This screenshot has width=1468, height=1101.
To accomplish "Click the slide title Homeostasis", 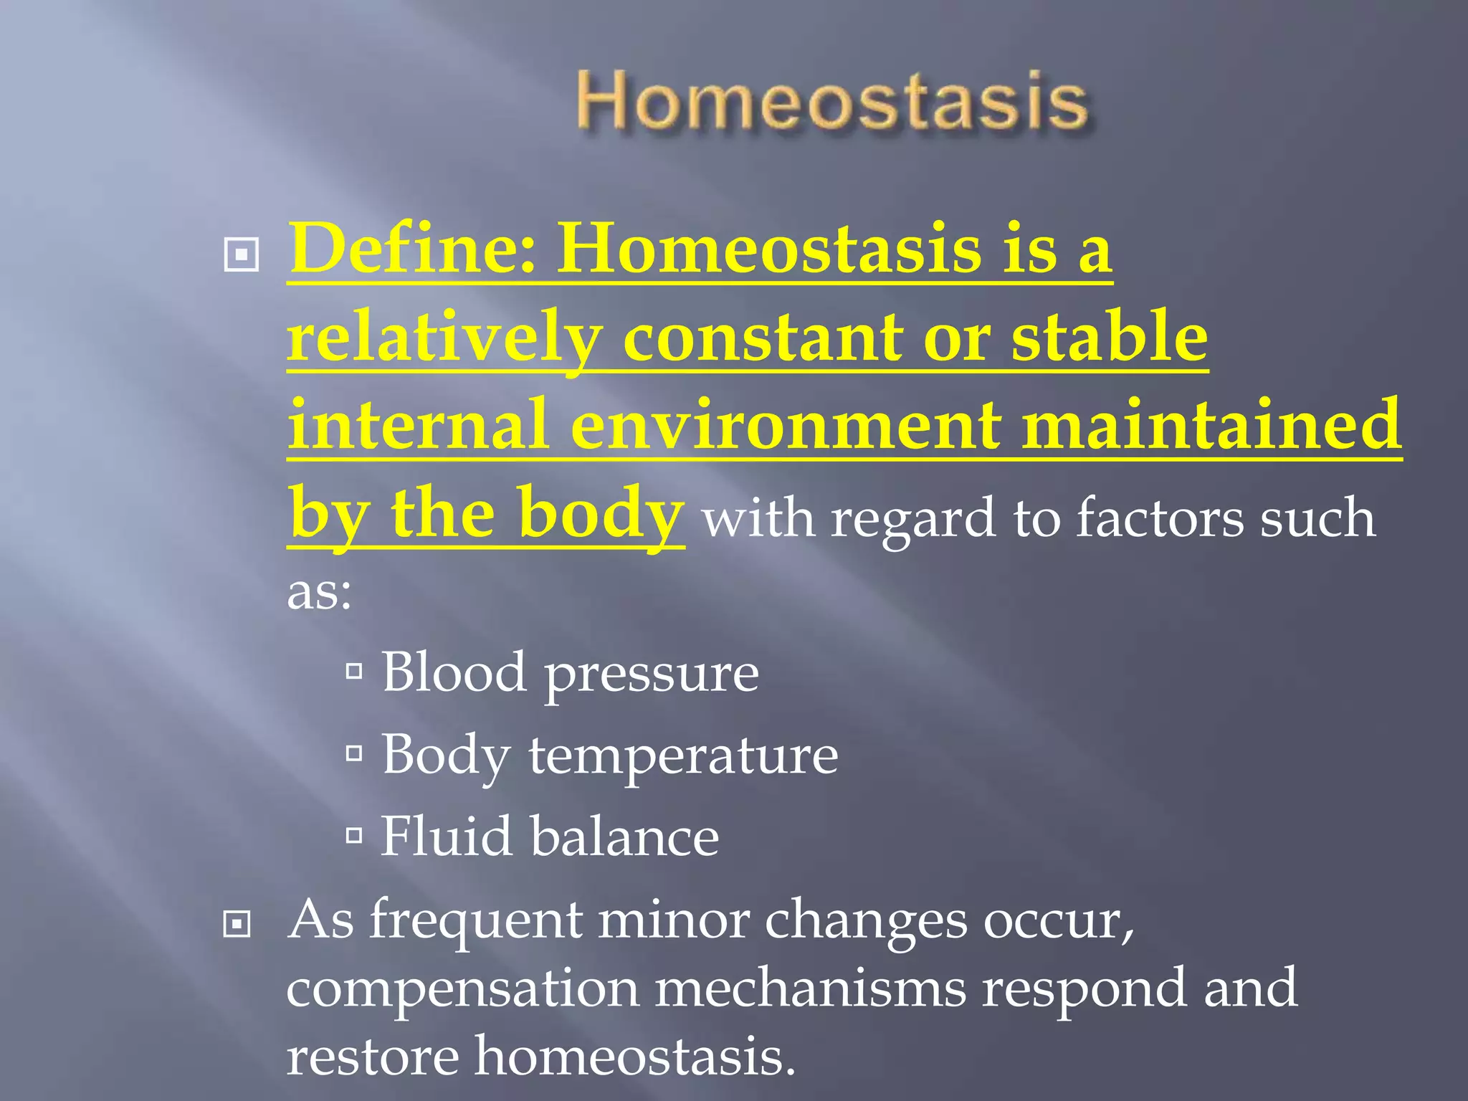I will click(x=831, y=103).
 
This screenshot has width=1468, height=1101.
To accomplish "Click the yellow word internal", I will click(x=418, y=426).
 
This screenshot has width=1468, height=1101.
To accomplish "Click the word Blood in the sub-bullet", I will click(x=453, y=672).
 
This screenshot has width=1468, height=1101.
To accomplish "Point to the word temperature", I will click(x=682, y=756).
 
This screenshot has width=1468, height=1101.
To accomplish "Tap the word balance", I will click(x=624, y=837).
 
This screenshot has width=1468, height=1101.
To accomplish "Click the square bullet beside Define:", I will click(x=242, y=254).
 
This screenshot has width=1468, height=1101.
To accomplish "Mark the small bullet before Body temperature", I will click(x=353, y=753).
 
